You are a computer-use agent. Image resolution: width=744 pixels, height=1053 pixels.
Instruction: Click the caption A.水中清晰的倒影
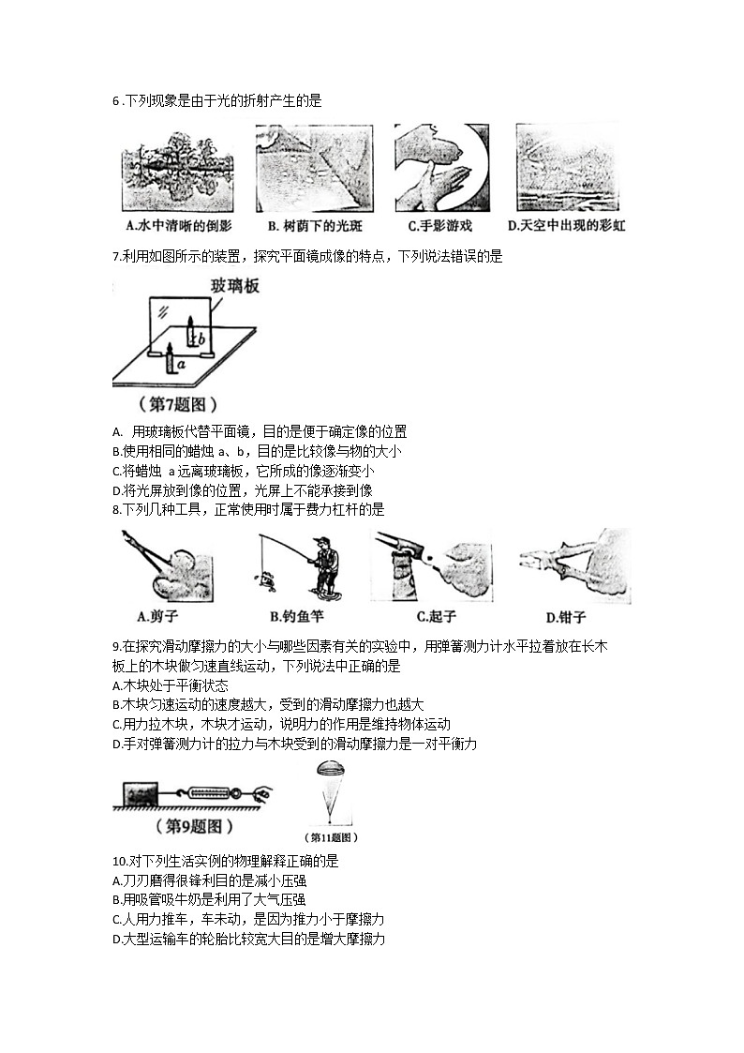click(178, 226)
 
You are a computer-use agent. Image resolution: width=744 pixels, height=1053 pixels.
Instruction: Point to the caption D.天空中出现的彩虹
click(566, 226)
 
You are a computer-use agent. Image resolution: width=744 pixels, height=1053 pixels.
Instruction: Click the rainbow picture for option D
click(566, 167)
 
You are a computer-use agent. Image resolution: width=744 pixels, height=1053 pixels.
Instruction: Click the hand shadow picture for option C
click(439, 167)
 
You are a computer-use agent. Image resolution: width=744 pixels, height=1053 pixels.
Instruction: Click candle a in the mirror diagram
click(171, 360)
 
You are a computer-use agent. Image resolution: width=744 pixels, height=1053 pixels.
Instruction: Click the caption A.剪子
click(157, 616)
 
